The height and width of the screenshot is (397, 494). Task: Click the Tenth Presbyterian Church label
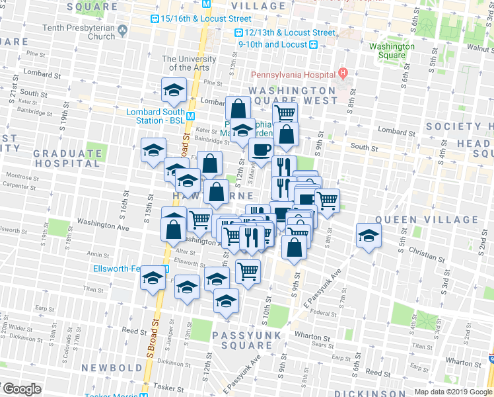[x=78, y=32]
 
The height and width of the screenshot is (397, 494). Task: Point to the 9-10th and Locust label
[x=273, y=44]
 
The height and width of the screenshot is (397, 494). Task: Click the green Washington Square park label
[x=392, y=51]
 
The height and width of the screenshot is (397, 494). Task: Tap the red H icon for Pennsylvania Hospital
[x=343, y=73]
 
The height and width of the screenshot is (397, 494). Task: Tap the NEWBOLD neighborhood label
[x=112, y=367]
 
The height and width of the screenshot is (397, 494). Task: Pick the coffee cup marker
[x=261, y=150]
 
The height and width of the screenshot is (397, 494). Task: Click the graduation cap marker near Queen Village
[x=369, y=234]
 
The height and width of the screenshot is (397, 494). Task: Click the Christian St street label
[x=426, y=251]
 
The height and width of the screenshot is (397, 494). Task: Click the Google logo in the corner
[x=21, y=389]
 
